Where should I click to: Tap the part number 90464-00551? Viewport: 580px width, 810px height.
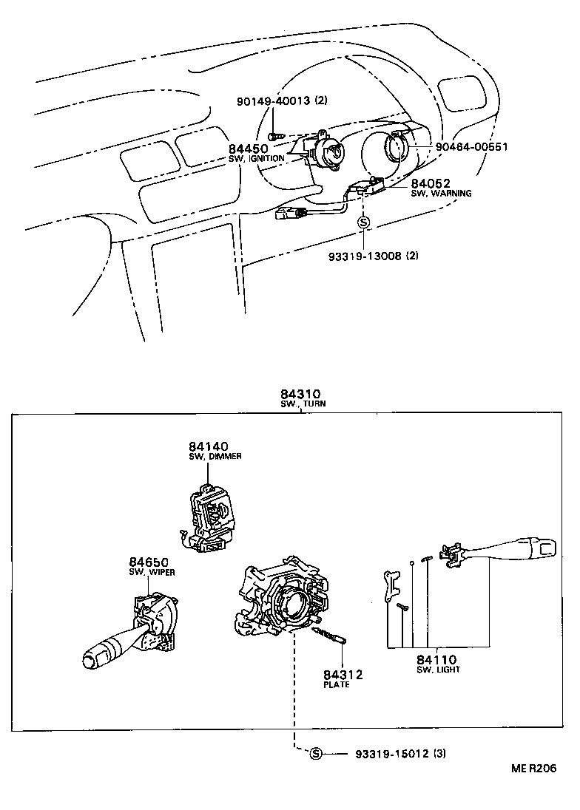tap(471, 147)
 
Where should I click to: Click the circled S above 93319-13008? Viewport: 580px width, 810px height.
tap(362, 222)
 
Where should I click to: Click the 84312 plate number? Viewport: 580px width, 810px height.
tap(343, 674)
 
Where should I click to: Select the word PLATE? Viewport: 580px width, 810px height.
tap(337, 685)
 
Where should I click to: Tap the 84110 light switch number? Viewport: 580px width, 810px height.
tap(436, 659)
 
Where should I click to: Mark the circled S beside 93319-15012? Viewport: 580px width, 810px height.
tap(316, 753)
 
